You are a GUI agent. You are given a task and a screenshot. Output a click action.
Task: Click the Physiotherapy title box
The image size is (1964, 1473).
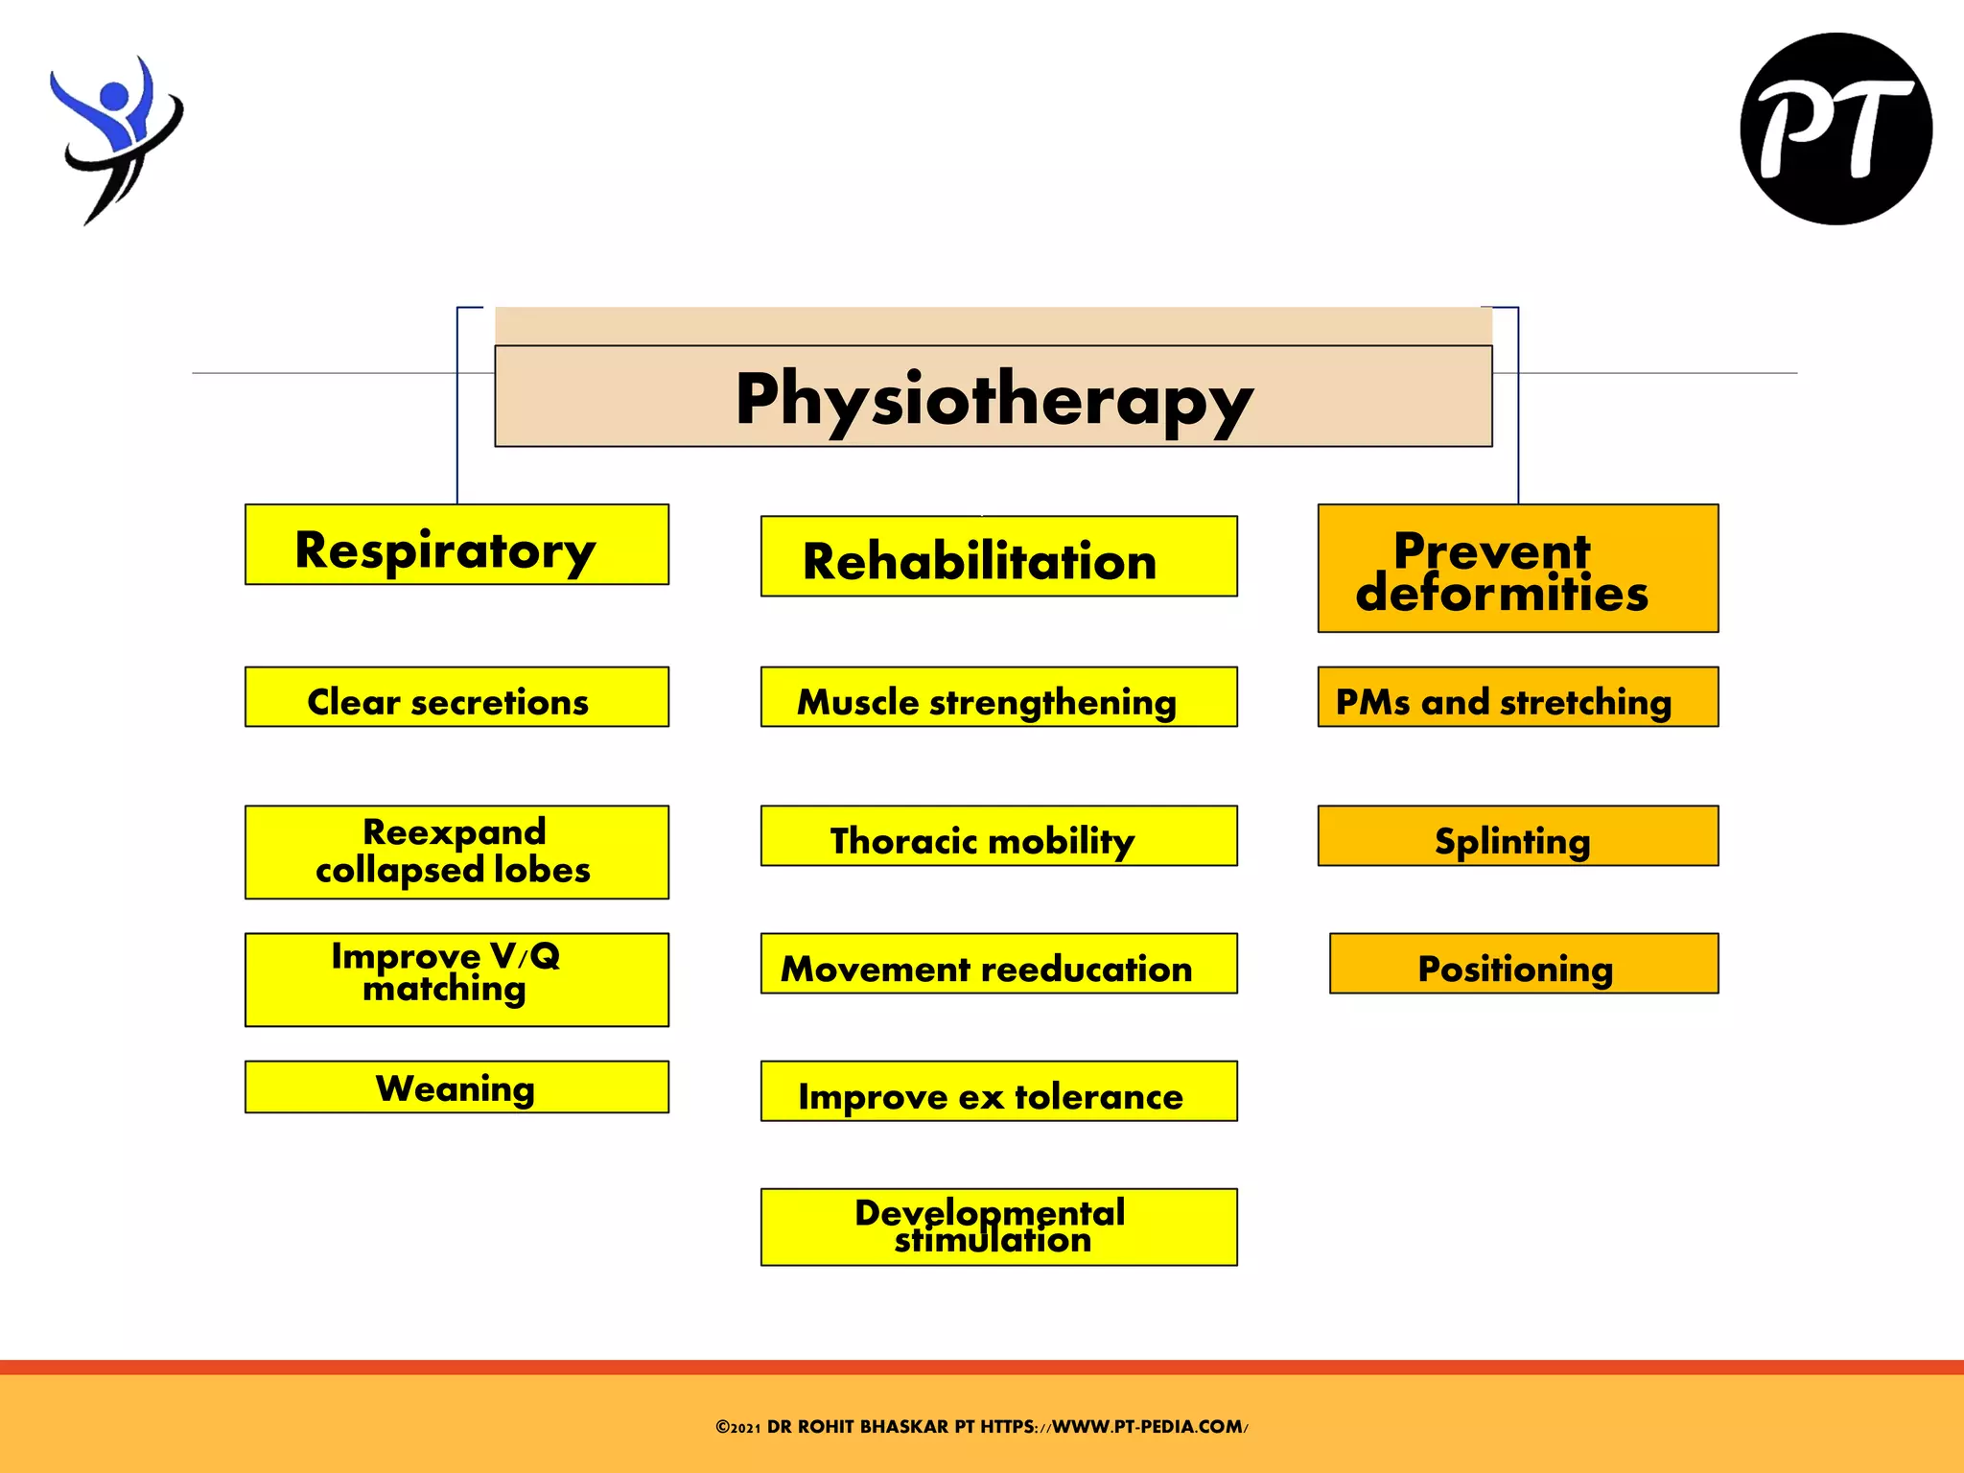tap(993, 396)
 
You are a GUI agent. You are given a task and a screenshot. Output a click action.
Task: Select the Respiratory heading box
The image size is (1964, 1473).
tap(456, 545)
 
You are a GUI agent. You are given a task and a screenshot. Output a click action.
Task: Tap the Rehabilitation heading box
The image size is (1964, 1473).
tap(998, 557)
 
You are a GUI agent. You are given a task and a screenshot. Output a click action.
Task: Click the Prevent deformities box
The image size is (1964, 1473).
tap(1517, 569)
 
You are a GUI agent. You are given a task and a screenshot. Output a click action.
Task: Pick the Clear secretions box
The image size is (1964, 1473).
tap(456, 697)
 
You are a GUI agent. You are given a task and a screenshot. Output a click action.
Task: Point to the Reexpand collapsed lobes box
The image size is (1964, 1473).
tap(456, 852)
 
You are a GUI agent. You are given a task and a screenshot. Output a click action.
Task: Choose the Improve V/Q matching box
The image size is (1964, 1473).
tap(456, 979)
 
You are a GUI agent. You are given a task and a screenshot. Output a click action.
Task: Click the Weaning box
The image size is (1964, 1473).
tap(456, 1087)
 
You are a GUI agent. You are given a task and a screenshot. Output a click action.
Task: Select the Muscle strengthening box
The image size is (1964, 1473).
tap(998, 697)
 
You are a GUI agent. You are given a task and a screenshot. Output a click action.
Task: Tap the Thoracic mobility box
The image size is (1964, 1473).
tap(998, 836)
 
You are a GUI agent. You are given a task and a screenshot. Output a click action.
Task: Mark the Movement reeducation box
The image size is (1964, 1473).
tap(998, 964)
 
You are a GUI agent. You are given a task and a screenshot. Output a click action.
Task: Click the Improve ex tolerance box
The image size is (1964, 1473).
tap(998, 1091)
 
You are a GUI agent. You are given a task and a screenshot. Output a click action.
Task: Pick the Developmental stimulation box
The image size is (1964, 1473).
tap(998, 1227)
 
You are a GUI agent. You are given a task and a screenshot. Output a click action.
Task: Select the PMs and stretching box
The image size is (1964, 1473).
tap(1517, 697)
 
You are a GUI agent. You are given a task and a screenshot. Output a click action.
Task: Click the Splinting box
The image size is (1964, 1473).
tap(1517, 836)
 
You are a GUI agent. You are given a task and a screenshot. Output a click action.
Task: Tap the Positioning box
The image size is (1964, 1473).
tap(1523, 964)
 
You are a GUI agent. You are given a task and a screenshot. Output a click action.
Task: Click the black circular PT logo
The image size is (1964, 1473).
tap(1835, 129)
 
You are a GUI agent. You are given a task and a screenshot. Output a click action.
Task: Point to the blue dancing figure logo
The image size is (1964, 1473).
tap(115, 139)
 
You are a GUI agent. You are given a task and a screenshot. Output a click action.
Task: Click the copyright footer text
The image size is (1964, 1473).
tap(981, 1427)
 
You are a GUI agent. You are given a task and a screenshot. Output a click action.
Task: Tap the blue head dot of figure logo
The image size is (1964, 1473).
tap(114, 95)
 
